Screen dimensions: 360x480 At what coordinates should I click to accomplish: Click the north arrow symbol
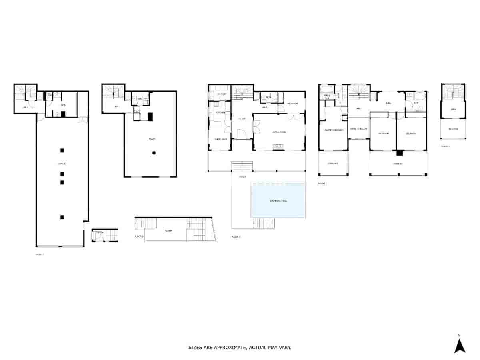pyautogui.click(x=460, y=346)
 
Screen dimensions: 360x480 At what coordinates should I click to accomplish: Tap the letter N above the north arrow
pyautogui.click(x=459, y=335)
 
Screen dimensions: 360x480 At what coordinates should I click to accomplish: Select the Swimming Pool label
pyautogui.click(x=278, y=201)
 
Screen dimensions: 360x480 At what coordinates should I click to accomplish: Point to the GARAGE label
pyautogui.click(x=61, y=164)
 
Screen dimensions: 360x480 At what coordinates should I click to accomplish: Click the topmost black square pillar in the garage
pyautogui.click(x=62, y=150)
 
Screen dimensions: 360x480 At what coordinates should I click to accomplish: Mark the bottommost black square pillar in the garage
pyautogui.click(x=62, y=217)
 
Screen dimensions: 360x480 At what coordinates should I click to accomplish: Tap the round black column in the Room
pyautogui.click(x=154, y=152)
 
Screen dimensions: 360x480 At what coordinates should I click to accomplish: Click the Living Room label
pyautogui.click(x=279, y=132)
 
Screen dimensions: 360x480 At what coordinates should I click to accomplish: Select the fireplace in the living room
pyautogui.click(x=279, y=147)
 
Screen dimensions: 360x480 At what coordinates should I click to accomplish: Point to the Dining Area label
pyautogui.click(x=220, y=139)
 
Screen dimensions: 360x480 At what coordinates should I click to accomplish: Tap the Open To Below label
pyautogui.click(x=359, y=129)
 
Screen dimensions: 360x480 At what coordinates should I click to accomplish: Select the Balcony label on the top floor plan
pyautogui.click(x=453, y=129)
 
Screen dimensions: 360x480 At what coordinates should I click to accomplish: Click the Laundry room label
pyautogui.click(x=222, y=94)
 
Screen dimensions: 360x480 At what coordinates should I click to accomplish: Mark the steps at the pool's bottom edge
pyautogui.click(x=264, y=223)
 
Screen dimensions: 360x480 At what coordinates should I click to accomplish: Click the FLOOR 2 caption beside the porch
pyautogui.click(x=139, y=237)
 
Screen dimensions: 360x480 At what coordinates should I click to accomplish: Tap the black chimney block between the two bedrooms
pyautogui.click(x=399, y=152)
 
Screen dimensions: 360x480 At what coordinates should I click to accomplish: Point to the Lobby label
pyautogui.click(x=242, y=119)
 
